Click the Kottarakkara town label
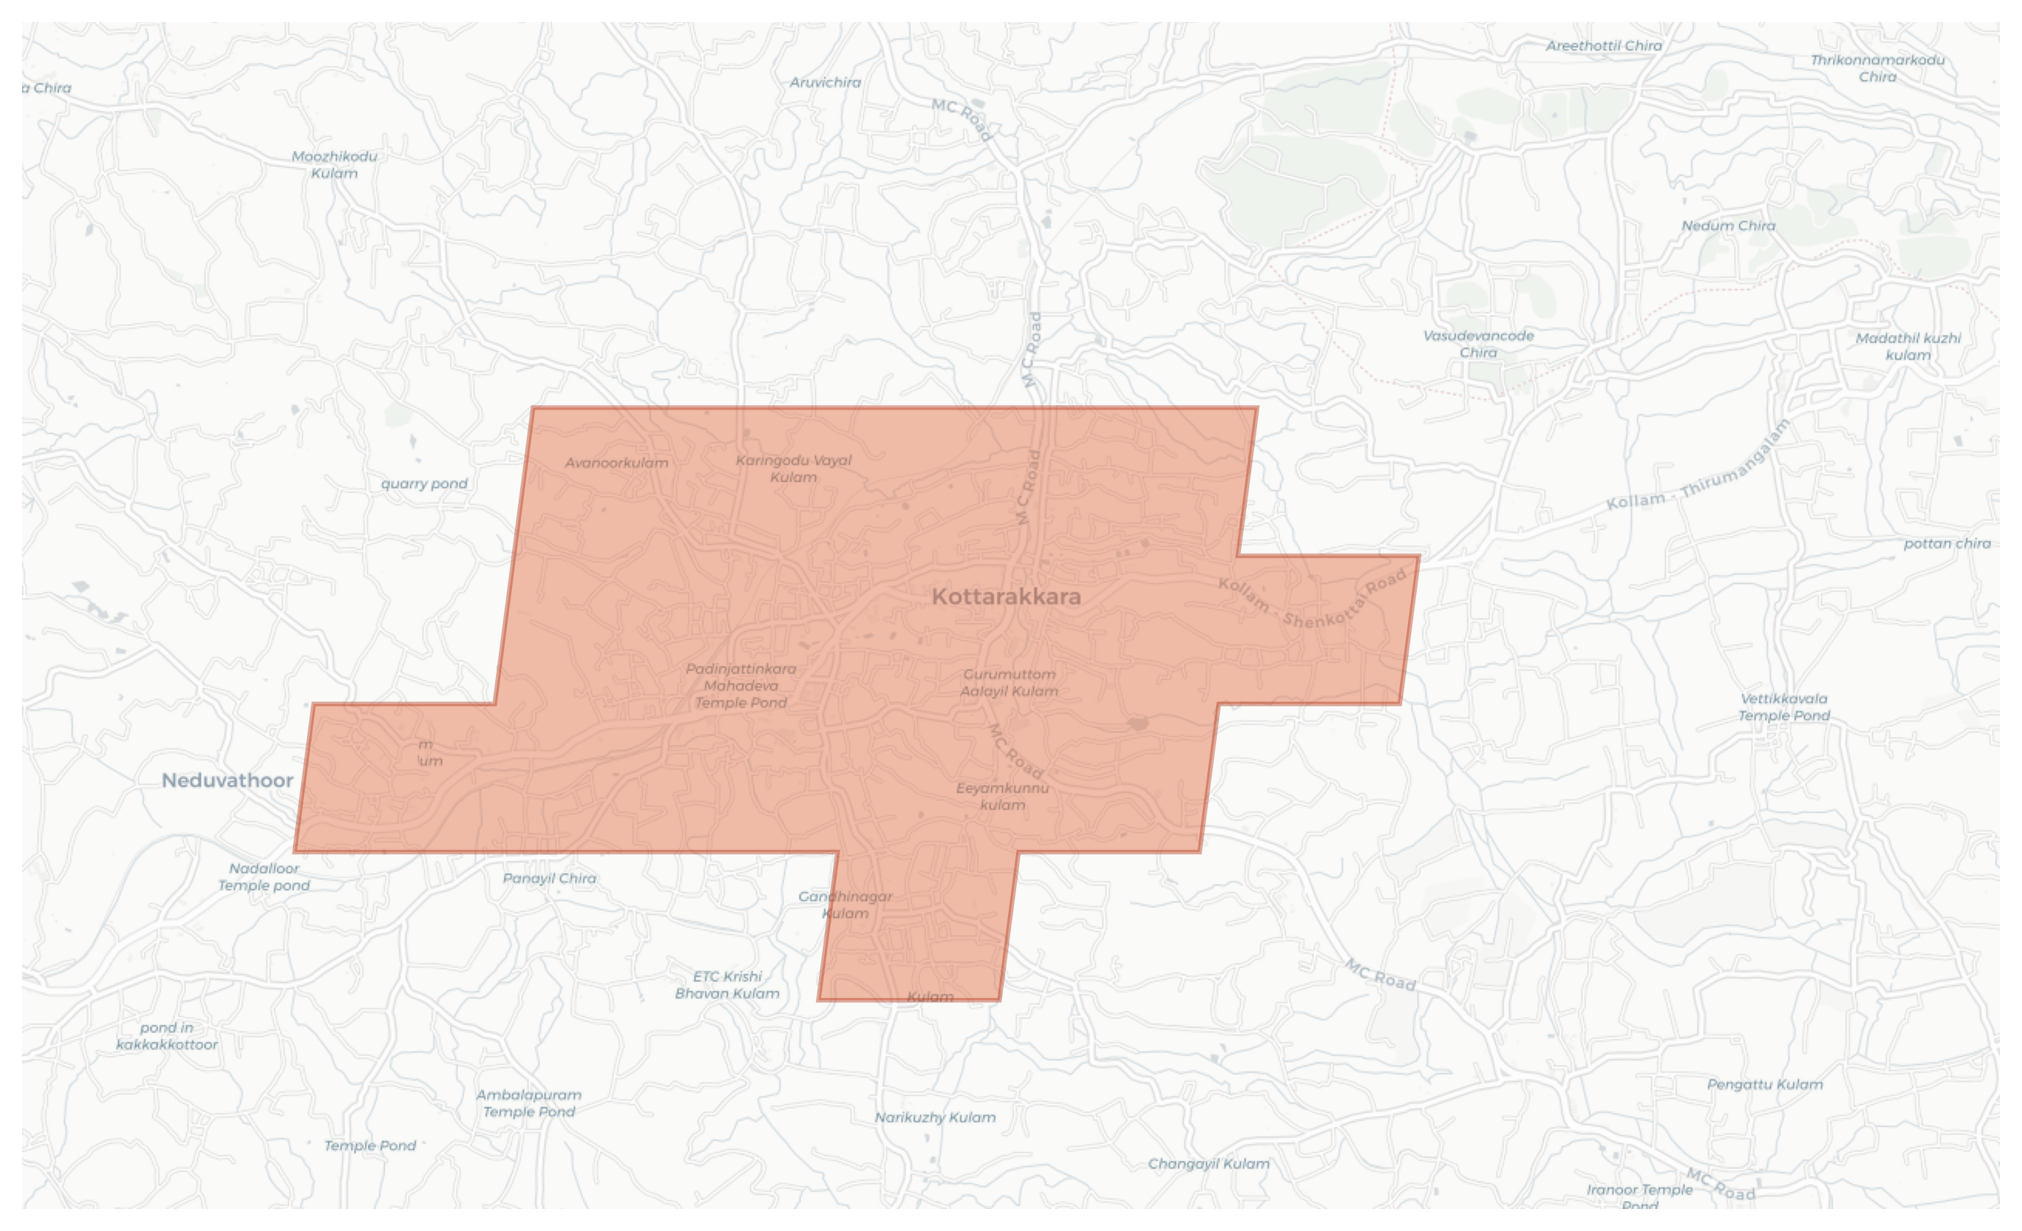[1006, 596]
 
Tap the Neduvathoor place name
[227, 780]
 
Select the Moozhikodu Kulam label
[335, 165]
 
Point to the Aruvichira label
[826, 82]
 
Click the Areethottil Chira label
[1604, 46]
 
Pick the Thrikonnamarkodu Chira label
[1878, 68]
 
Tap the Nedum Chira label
[1728, 226]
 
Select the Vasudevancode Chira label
[1478, 344]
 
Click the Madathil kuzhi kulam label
[1908, 347]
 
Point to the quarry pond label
[424, 484]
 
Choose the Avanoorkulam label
[616, 463]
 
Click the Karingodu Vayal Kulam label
[793, 469]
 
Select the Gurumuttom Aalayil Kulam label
[1010, 683]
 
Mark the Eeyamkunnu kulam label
[1002, 796]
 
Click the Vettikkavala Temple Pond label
[1784, 706]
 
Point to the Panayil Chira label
[549, 878]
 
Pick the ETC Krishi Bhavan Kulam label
[727, 985]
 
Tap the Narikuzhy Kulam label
[935, 1117]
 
